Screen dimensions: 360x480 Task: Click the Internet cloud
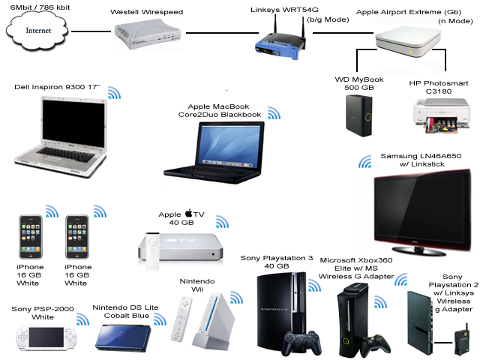pos(34,31)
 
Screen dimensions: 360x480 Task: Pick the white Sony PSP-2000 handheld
pos(45,338)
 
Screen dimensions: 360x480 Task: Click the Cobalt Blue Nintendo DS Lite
pos(124,334)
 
